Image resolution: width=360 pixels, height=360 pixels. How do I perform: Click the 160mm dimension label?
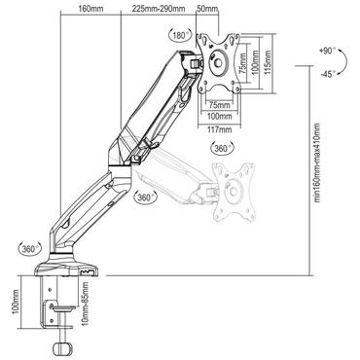pyautogui.click(x=90, y=9)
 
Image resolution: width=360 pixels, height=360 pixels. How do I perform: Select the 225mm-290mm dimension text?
pyautogui.click(x=160, y=9)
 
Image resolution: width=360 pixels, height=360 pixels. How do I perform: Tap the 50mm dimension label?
pyautogui.click(x=206, y=9)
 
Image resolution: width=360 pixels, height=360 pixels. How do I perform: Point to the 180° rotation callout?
pyautogui.click(x=177, y=35)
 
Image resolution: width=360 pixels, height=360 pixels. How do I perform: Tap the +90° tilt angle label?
pyautogui.click(x=326, y=49)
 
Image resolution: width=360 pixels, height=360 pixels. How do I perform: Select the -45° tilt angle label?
pyautogui.click(x=328, y=72)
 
